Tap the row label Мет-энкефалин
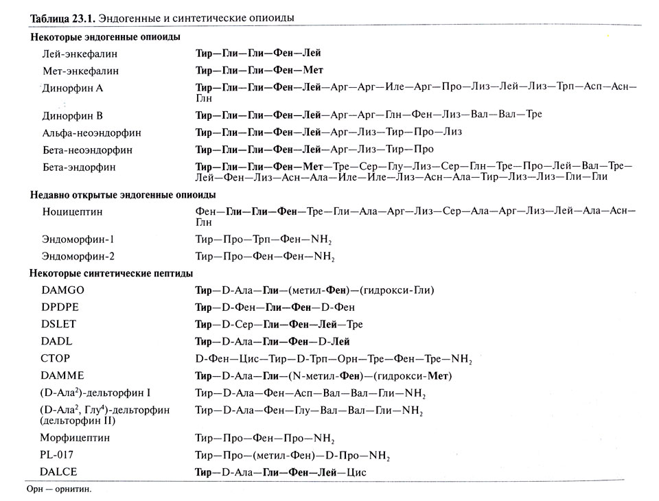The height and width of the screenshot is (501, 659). (x=80, y=71)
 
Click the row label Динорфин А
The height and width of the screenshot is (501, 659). (x=72, y=89)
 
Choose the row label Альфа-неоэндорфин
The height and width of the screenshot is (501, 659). (x=86, y=132)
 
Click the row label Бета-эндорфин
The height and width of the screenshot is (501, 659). (x=78, y=167)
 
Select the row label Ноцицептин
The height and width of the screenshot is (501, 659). (x=73, y=213)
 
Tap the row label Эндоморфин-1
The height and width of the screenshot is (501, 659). (x=78, y=240)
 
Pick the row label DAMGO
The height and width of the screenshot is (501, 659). (x=62, y=290)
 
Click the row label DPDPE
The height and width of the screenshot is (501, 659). (x=60, y=307)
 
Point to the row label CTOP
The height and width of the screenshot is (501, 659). (x=56, y=358)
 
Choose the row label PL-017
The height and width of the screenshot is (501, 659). (x=58, y=455)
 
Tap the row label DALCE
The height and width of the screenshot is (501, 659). (x=59, y=472)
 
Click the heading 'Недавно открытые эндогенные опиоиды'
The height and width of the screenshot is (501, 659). (x=123, y=196)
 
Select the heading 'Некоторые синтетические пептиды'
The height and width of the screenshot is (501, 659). (x=111, y=274)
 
